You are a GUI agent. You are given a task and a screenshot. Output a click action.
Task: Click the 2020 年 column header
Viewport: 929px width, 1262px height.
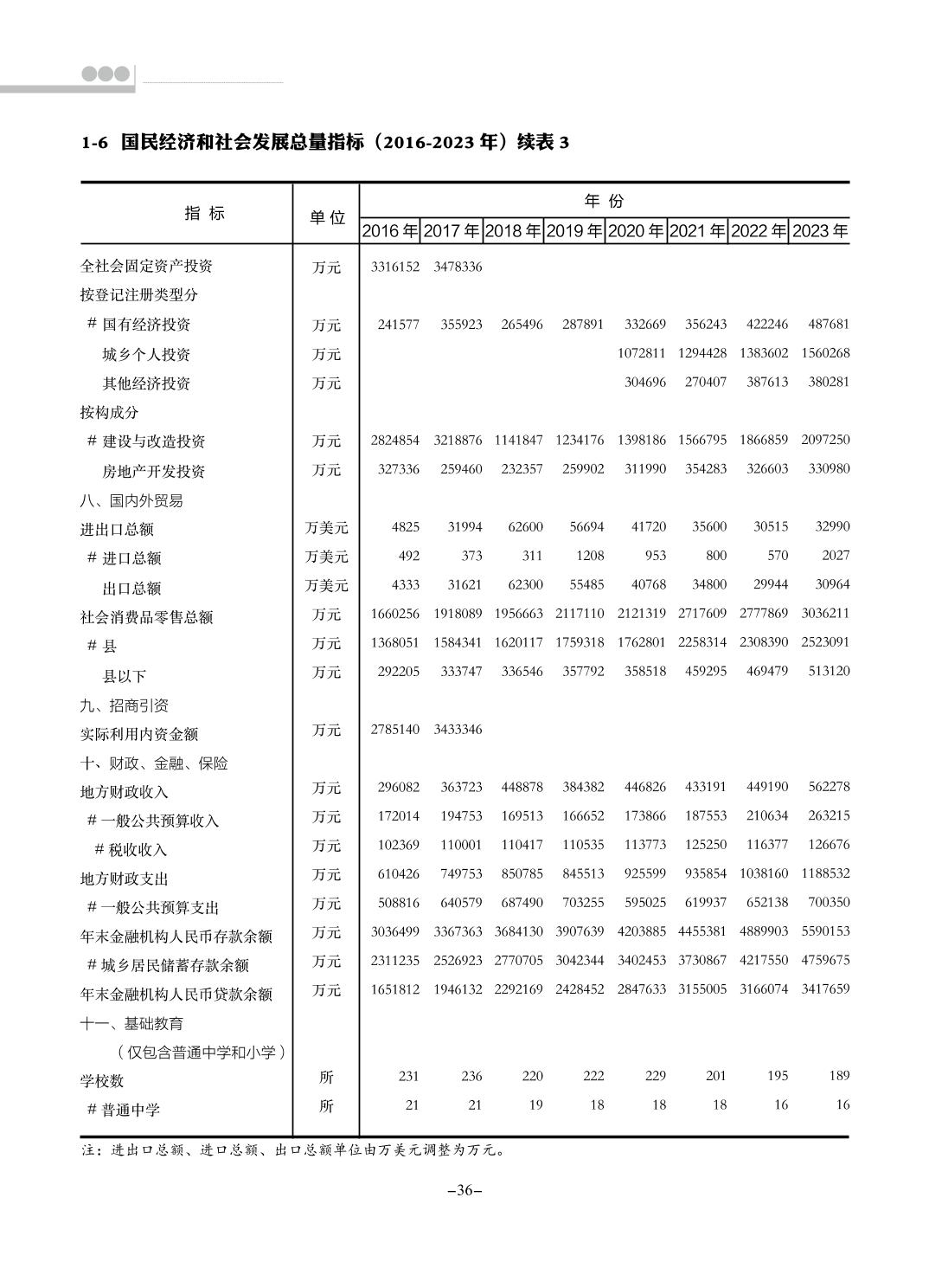(x=636, y=231)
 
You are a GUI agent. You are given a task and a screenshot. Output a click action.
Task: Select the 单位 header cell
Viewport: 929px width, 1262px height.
(x=327, y=217)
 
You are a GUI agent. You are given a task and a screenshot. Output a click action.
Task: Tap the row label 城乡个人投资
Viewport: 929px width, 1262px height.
(x=146, y=355)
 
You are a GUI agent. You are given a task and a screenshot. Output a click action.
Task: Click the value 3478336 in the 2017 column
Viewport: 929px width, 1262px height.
(x=458, y=267)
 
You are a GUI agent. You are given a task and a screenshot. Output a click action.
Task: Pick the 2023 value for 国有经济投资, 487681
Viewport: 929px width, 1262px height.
(x=829, y=325)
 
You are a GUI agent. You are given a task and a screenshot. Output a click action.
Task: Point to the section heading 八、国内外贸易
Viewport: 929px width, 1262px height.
(x=131, y=500)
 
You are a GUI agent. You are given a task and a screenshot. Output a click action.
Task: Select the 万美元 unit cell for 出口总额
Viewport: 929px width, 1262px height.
(x=326, y=586)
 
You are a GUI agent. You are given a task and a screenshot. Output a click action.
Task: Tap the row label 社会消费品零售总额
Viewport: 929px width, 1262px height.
(x=146, y=617)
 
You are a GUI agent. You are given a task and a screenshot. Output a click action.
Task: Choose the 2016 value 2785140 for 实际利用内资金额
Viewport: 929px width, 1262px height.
(x=394, y=730)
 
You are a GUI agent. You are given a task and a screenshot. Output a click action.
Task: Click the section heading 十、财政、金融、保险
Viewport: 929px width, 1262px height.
(x=154, y=763)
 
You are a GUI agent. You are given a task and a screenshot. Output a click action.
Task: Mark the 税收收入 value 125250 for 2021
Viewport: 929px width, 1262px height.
(x=706, y=846)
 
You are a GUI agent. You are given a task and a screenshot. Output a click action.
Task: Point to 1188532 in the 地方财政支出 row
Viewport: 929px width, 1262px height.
(x=825, y=874)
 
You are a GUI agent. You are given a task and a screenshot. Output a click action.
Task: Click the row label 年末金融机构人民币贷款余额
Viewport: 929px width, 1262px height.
(x=176, y=994)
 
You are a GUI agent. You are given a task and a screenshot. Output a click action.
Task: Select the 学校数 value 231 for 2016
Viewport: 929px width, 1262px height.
(x=408, y=1076)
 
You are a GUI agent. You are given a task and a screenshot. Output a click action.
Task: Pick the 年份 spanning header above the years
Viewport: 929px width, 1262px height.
(x=604, y=201)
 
